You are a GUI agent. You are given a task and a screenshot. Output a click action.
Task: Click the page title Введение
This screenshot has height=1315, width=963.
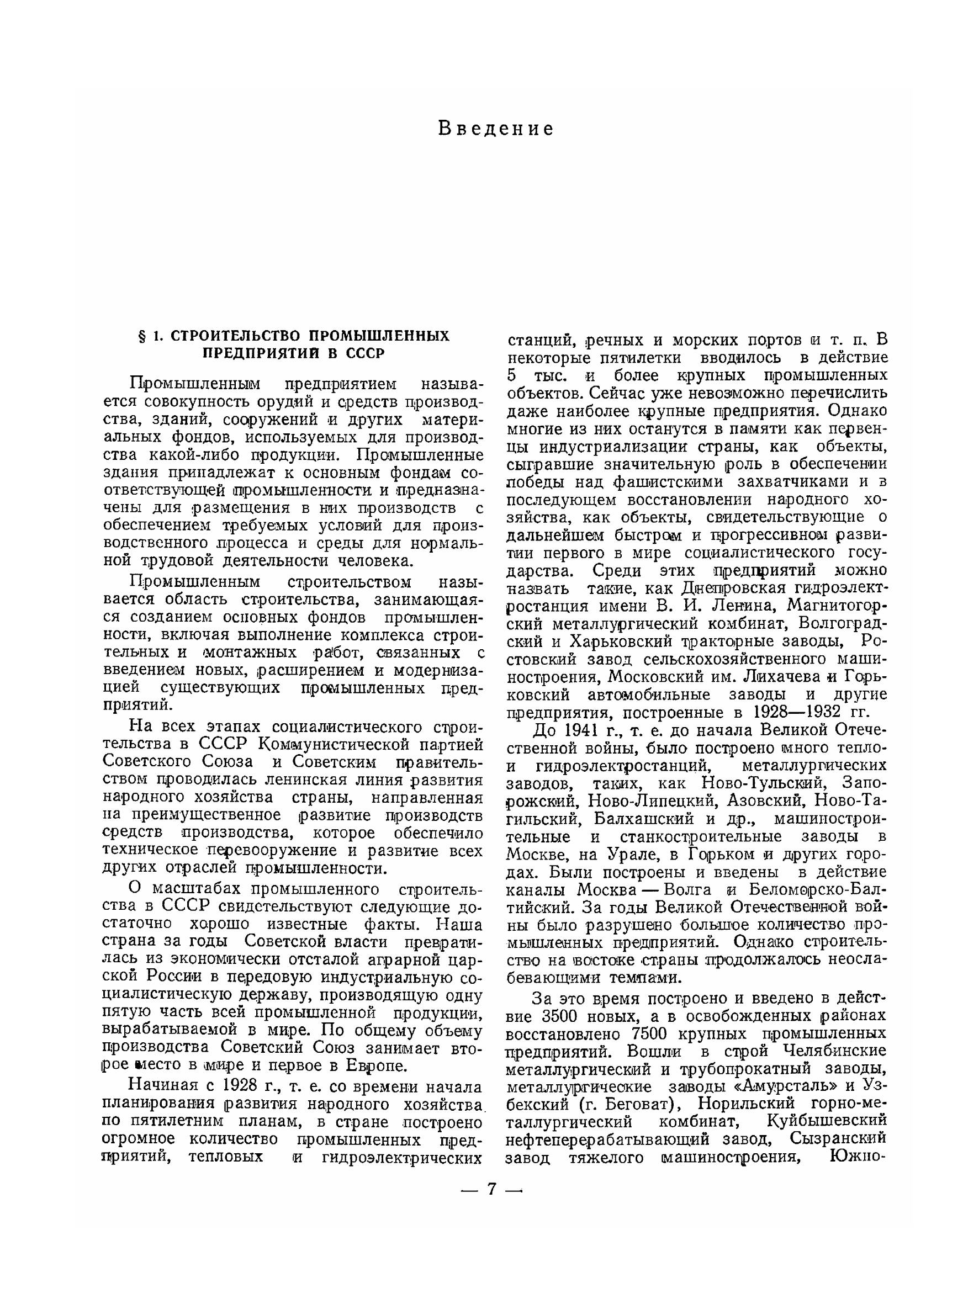[495, 128]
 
